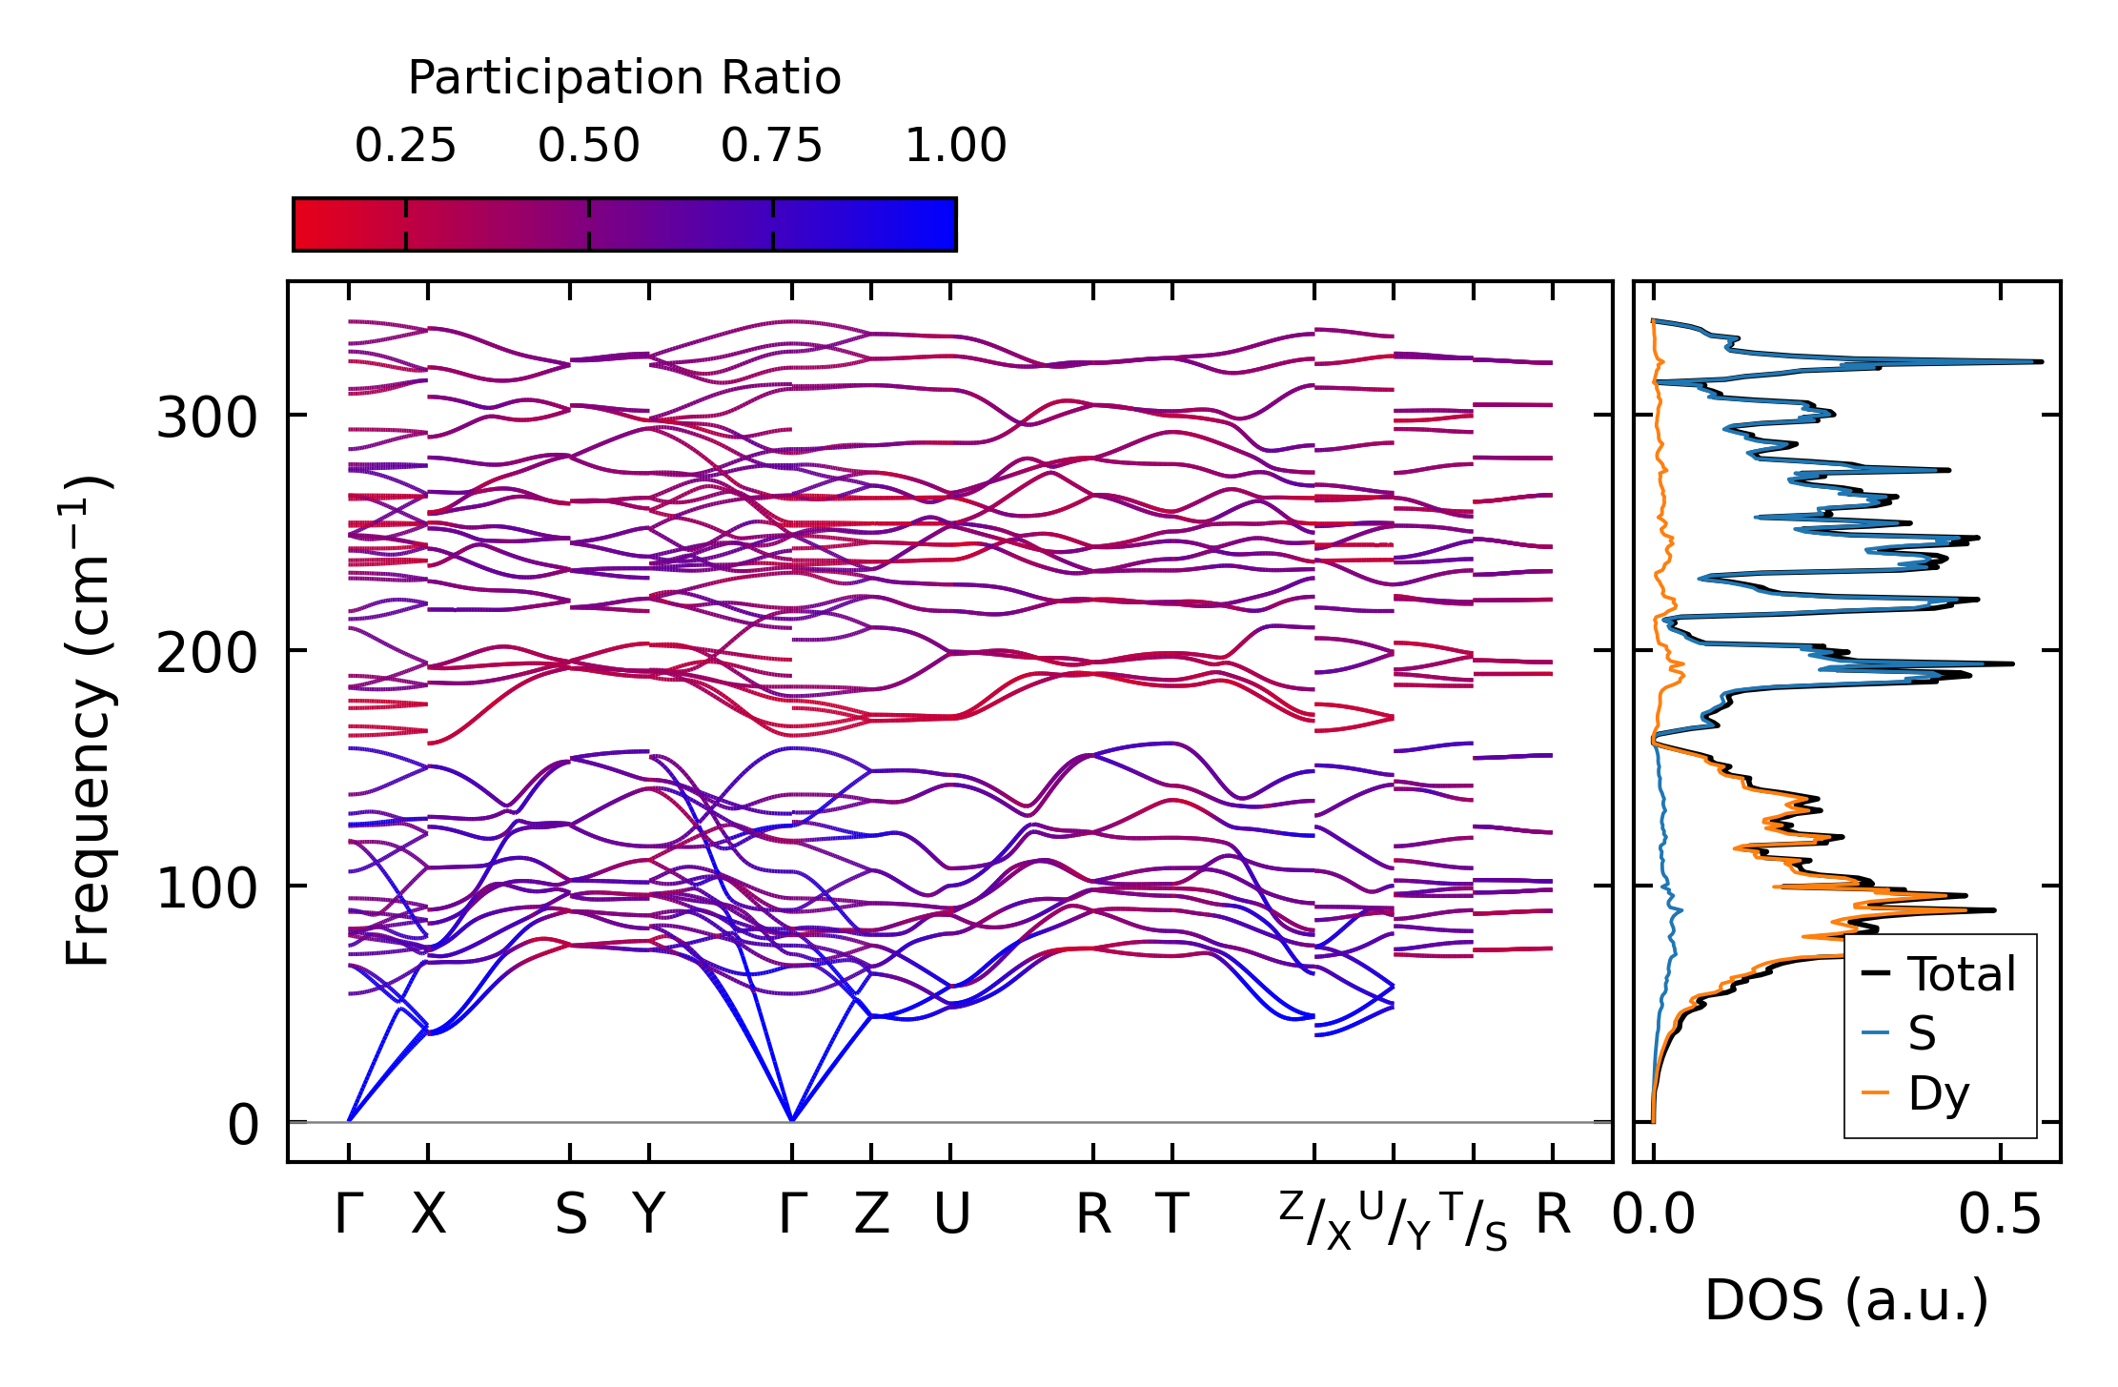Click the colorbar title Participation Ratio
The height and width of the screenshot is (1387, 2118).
624,78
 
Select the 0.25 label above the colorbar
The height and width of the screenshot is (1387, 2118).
405,146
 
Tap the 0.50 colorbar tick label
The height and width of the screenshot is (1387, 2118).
588,146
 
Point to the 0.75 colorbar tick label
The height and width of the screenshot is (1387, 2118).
771,146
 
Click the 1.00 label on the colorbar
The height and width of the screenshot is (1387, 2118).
955,146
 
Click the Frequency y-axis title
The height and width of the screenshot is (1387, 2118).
88,721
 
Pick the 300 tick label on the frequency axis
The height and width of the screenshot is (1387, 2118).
207,418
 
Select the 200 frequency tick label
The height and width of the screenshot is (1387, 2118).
207,653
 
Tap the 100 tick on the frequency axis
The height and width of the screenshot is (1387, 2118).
207,888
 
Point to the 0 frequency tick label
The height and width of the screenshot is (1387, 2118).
243,1125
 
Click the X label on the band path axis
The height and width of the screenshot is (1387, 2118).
428,1214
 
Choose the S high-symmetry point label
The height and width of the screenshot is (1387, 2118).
570,1214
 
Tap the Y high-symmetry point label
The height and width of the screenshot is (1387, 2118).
649,1214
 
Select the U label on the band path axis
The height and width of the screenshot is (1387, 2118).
951,1214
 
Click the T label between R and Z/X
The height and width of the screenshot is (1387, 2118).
1172,1214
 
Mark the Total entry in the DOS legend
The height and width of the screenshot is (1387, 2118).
1961,974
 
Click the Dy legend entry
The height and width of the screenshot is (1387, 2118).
1938,1092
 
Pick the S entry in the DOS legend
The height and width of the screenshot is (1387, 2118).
1922,1033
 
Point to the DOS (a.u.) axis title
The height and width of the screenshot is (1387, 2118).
1846,1300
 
